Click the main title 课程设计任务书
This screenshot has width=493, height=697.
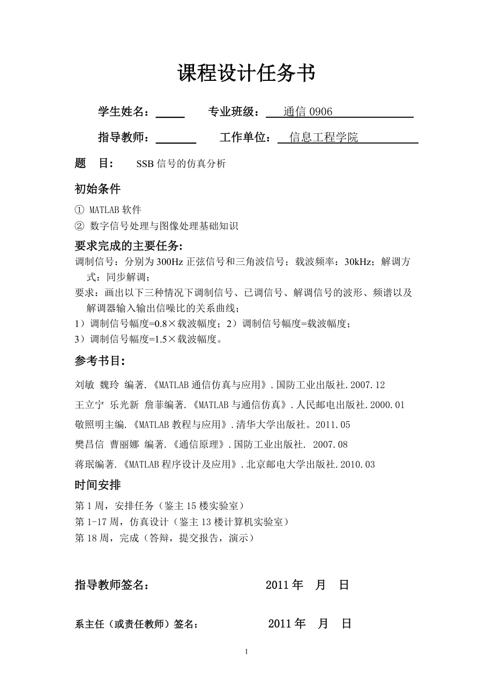point(246,73)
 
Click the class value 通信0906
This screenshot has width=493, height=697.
point(308,111)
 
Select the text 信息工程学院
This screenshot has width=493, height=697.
point(324,138)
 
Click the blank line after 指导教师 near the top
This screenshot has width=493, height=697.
point(175,139)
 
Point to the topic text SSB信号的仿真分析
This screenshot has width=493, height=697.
point(181,164)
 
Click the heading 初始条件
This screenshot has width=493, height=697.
point(98,188)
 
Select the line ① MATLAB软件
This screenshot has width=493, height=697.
point(108,209)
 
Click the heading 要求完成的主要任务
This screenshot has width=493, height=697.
point(129,246)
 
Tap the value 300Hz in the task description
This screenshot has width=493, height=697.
point(169,262)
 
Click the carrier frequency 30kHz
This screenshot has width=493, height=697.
point(360,262)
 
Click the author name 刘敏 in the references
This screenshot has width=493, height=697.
point(85,385)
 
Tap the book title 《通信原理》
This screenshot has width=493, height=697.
point(198,444)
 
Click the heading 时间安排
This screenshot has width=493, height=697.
point(98,485)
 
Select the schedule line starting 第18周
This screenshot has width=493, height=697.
point(164,538)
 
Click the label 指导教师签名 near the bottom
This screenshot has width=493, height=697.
point(112,585)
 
